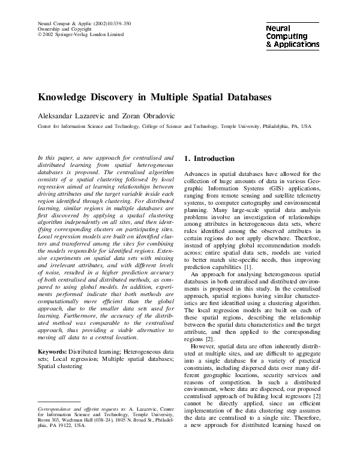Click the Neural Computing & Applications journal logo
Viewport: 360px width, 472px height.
coord(292,36)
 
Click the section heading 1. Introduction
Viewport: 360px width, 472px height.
coord(209,159)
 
